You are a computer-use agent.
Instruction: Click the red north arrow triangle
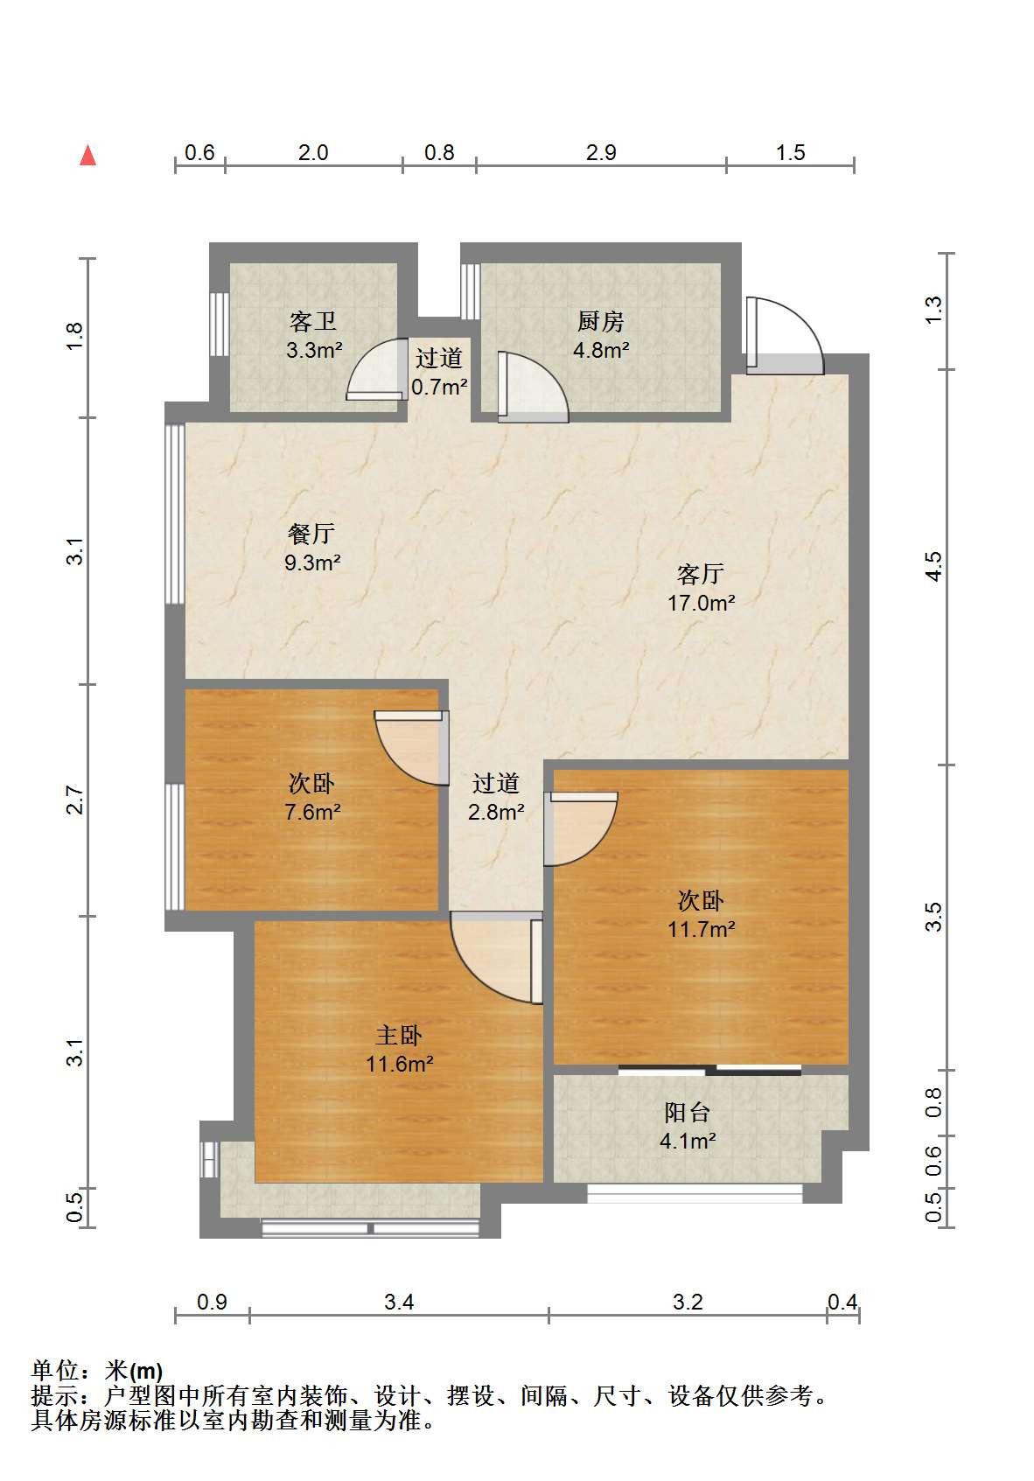coord(88,156)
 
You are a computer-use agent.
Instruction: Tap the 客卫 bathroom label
coord(312,322)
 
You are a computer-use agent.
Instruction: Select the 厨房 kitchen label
coord(600,321)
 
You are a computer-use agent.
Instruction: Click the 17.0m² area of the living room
coord(701,603)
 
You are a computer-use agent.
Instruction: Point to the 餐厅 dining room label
coord(311,533)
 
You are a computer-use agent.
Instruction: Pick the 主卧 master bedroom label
coord(399,1036)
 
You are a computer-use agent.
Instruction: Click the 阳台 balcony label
coord(687,1112)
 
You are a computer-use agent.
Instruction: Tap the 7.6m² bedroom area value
coord(312,811)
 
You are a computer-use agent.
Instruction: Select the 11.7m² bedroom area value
coord(701,929)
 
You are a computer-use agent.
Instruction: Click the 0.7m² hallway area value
coord(439,387)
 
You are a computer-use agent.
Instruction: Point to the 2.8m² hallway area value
coord(496,811)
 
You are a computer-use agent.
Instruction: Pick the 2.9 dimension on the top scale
coord(601,153)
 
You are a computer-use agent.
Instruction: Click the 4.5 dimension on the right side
coord(933,566)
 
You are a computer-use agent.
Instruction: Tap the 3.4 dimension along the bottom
coord(399,1302)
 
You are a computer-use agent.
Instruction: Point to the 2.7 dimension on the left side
coord(74,800)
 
